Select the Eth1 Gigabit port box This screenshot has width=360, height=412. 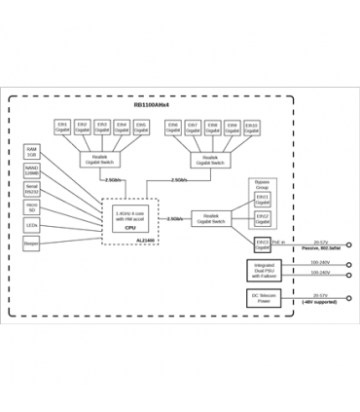(x=63, y=128)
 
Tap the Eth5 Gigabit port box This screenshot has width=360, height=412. (x=141, y=128)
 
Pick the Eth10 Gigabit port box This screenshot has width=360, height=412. (x=251, y=128)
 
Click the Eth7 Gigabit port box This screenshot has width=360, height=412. (x=193, y=128)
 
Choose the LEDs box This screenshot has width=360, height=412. (x=32, y=225)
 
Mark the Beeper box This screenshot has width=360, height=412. (x=32, y=243)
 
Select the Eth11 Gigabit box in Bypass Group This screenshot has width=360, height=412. (x=263, y=199)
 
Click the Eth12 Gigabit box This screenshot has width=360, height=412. (x=263, y=219)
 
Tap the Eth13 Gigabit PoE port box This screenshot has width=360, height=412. (x=263, y=243)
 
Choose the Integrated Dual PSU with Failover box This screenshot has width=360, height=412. (x=264, y=269)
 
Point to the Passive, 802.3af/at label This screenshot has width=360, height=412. (x=320, y=250)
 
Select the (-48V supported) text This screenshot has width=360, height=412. (x=320, y=302)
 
